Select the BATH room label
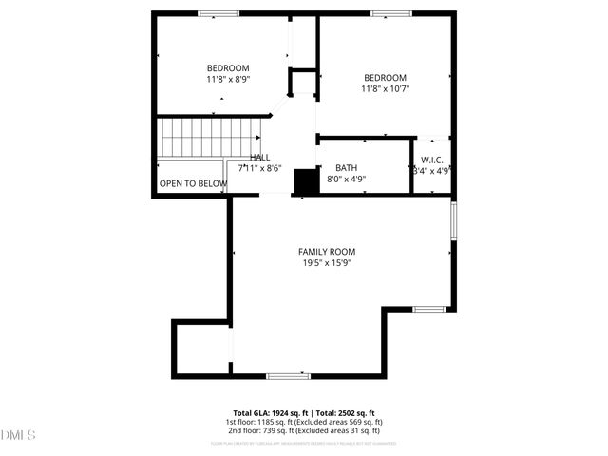coord(346,167)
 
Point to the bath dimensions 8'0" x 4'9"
coord(346,179)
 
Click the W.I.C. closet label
coord(432,160)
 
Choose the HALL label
coord(259,158)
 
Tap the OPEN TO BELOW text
coord(193,183)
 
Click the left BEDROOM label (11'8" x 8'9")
coord(228,67)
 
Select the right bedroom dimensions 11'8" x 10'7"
coord(385,89)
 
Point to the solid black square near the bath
coord(305,181)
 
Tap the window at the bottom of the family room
coord(288,376)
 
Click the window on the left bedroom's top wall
coord(218,13)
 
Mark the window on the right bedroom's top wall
coord(389,13)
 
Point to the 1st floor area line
coord(304,422)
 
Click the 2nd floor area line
coord(304,430)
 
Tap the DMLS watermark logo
coord(17,435)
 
